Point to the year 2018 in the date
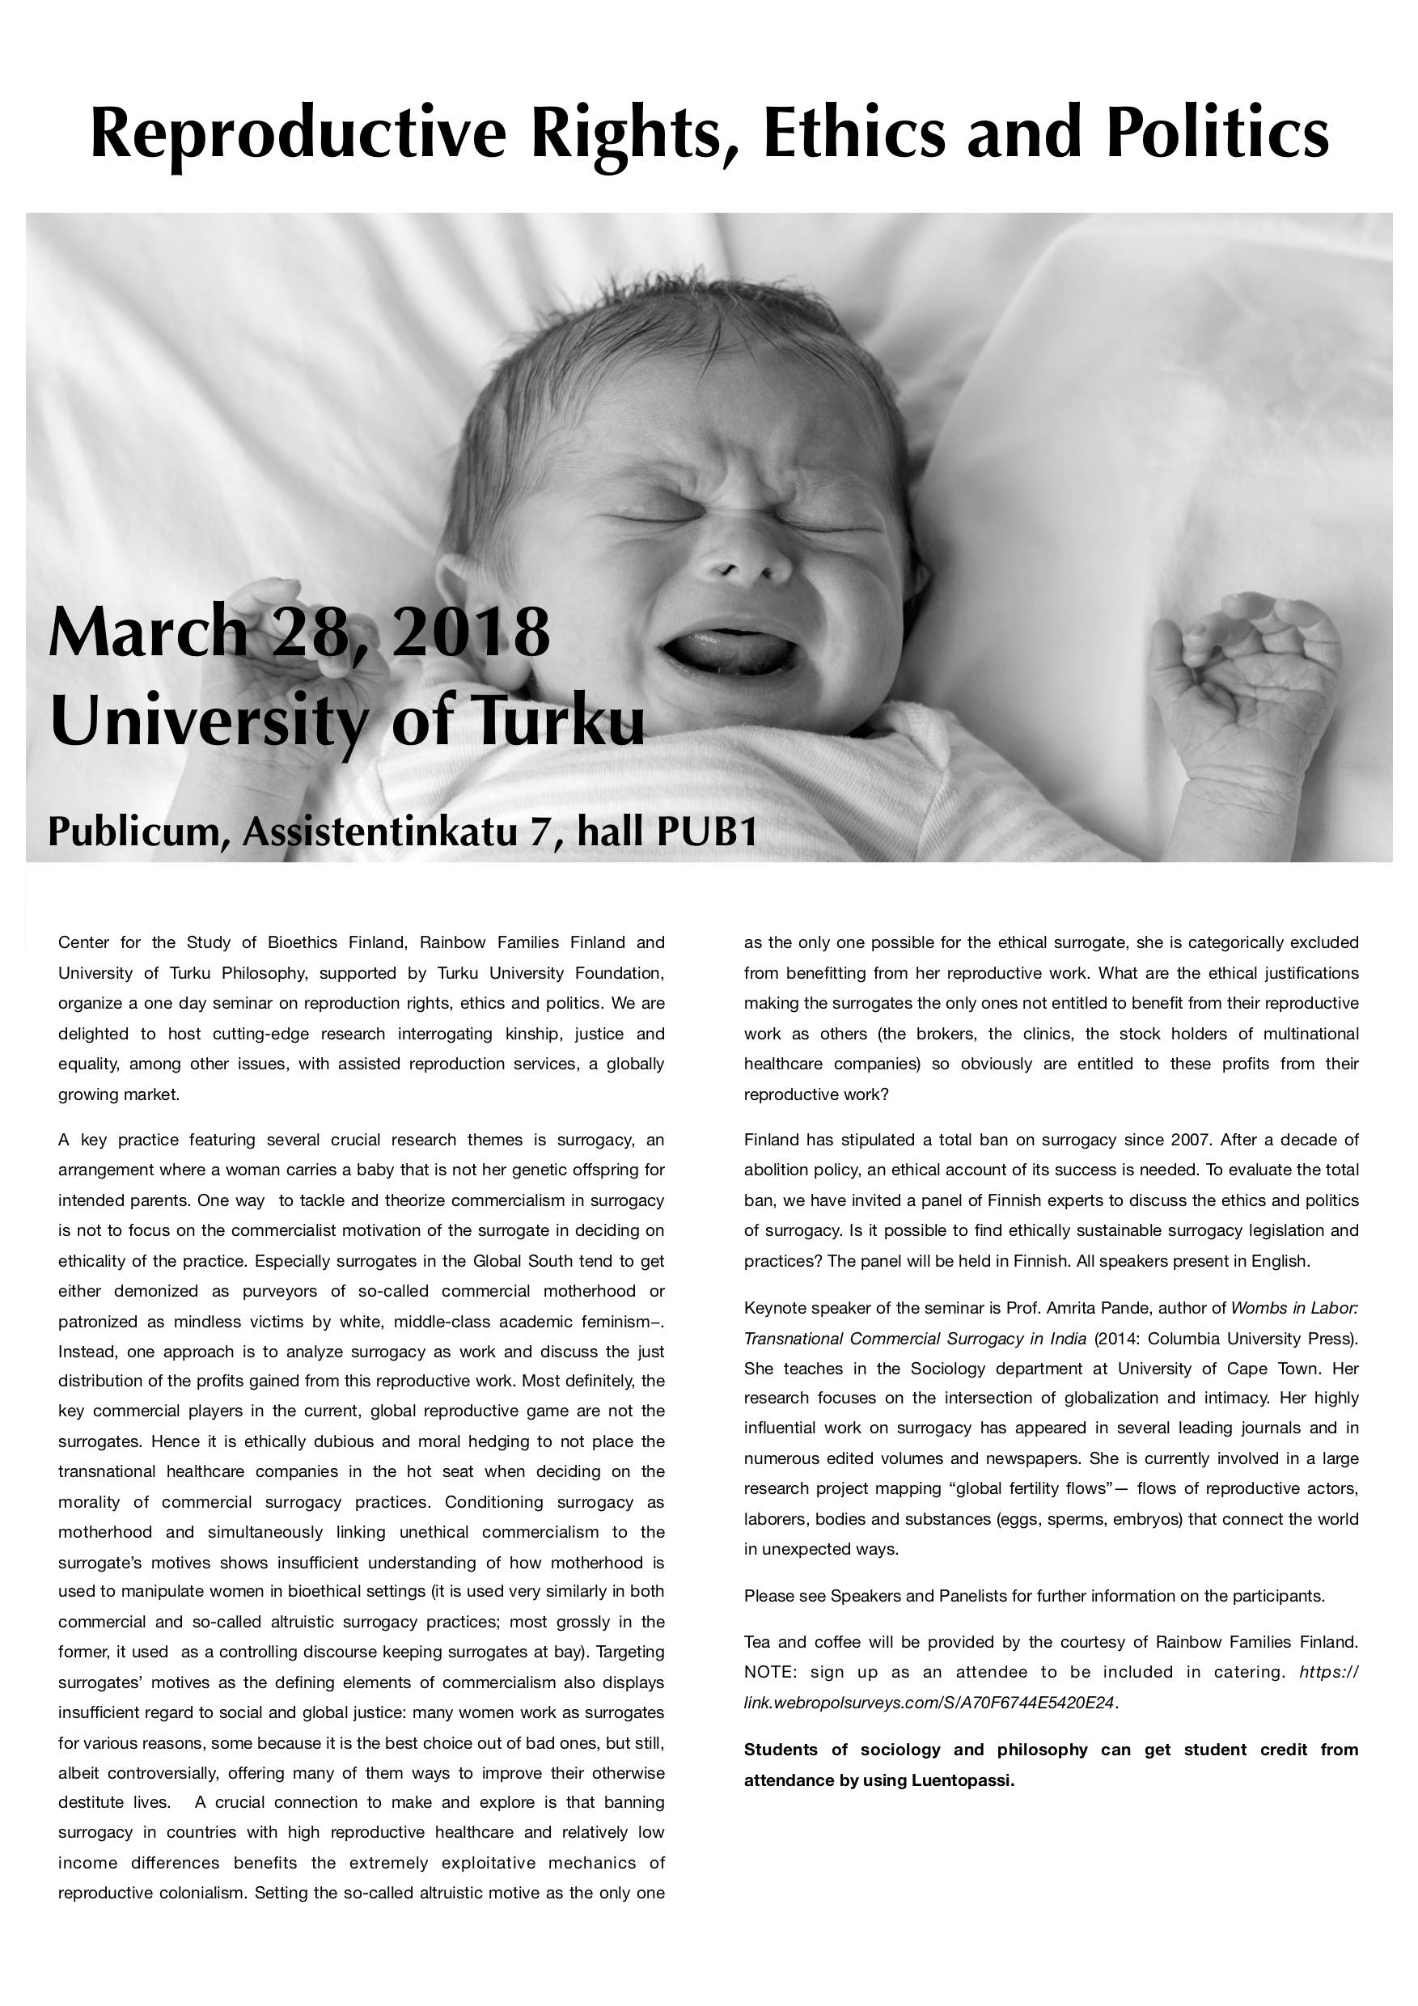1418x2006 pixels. pos(471,632)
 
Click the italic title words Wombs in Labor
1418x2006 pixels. pos(1294,1308)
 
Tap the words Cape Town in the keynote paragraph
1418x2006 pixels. pos(1268,1368)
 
